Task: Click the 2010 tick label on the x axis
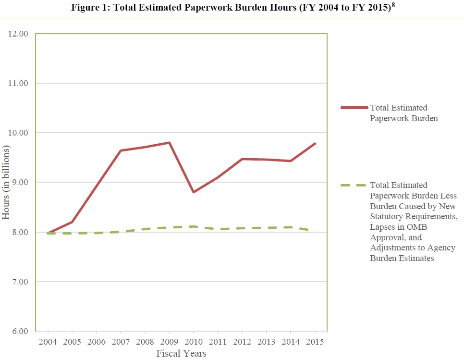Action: [194, 342]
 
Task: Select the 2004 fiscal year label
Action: [48, 342]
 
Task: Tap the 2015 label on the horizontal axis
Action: [315, 342]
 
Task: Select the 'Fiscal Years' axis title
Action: [181, 354]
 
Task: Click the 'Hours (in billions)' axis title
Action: [6, 183]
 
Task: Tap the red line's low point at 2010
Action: [194, 192]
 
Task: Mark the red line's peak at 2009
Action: [169, 143]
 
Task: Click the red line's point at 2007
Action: [121, 150]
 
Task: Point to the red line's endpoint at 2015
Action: [315, 144]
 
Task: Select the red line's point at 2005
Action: [72, 222]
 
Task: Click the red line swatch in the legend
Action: [354, 108]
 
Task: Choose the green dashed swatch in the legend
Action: [354, 185]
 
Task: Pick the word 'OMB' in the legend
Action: [434, 227]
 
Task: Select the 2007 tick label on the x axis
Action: [121, 342]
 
